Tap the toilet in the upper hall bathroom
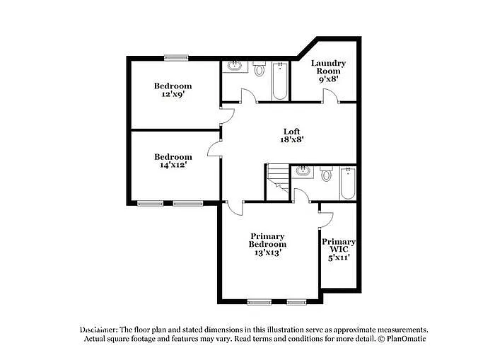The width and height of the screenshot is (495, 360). click(x=259, y=69)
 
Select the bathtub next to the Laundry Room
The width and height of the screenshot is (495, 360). click(x=279, y=81)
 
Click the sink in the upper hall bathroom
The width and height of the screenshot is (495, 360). click(x=234, y=68)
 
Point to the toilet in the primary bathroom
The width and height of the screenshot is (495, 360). click(x=326, y=174)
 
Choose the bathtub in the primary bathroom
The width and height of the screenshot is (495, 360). click(x=347, y=182)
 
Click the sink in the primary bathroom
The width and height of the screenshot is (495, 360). click(x=302, y=170)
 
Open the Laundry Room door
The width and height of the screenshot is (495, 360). click(x=329, y=98)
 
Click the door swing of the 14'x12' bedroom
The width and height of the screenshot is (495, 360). click(x=214, y=149)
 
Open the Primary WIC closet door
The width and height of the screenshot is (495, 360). click(x=327, y=210)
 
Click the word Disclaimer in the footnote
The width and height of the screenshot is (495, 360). click(x=98, y=330)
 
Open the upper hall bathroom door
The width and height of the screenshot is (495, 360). click(x=247, y=96)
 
